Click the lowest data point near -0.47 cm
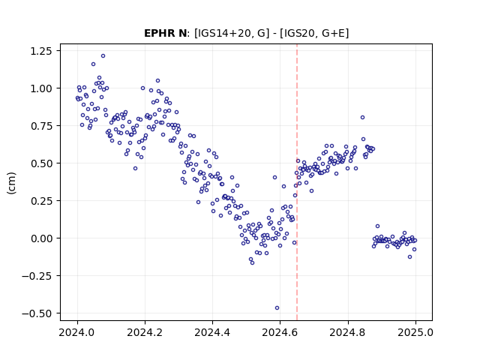click(277, 308)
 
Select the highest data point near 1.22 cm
click(103, 56)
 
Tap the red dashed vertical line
click(297, 182)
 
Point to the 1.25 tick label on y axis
click(41, 51)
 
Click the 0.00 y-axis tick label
click(41, 238)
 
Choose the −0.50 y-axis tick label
click(37, 313)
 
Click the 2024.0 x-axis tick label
click(77, 332)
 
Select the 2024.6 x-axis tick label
click(280, 332)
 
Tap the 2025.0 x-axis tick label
click(415, 332)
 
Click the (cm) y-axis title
click(12, 183)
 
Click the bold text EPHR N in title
click(165, 33)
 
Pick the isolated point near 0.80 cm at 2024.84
click(362, 118)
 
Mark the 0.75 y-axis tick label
click(41, 126)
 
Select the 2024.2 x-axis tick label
click(145, 332)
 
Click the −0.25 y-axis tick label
click(37, 276)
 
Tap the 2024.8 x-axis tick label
click(348, 332)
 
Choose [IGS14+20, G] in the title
click(232, 33)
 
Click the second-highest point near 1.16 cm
click(93, 64)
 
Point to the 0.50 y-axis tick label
click(41, 163)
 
